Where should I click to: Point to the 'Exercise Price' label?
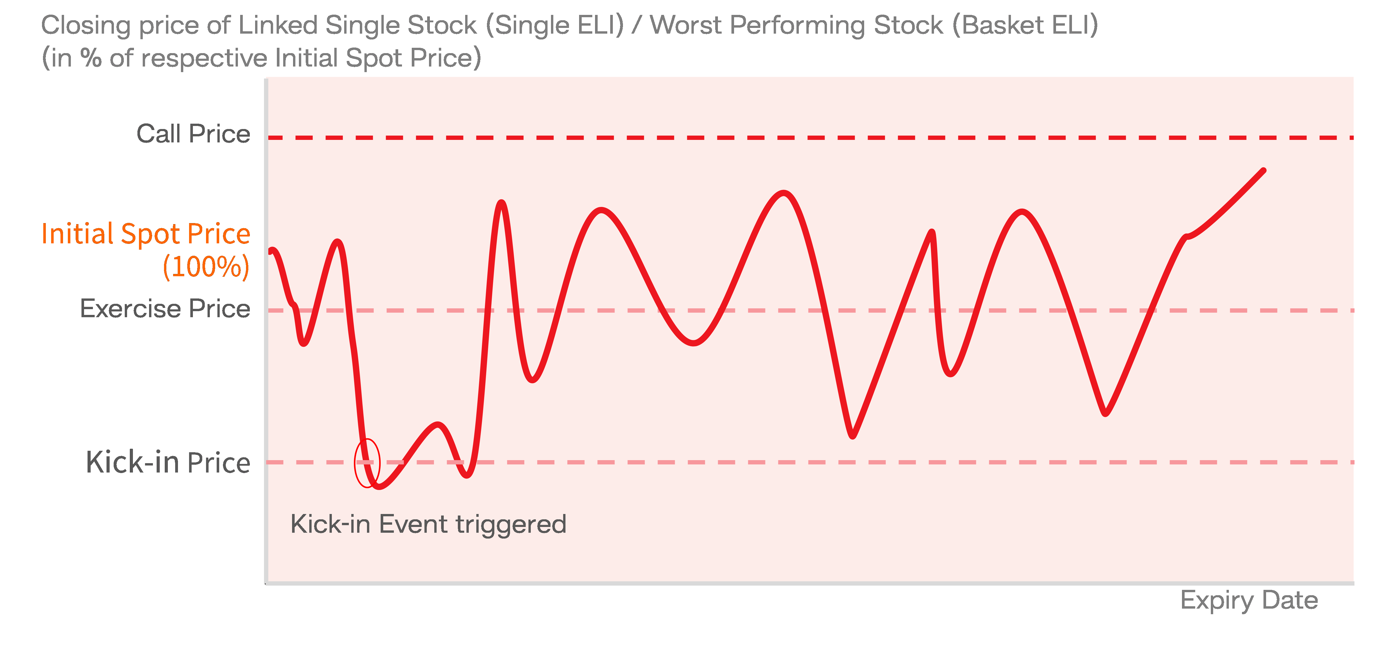click(x=165, y=309)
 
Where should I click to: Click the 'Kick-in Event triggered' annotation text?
click(x=428, y=524)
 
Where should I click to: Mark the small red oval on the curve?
click(x=367, y=463)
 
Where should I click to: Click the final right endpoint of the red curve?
click(x=1264, y=170)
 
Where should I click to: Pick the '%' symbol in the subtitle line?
click(x=91, y=58)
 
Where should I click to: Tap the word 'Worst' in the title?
click(x=686, y=25)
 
